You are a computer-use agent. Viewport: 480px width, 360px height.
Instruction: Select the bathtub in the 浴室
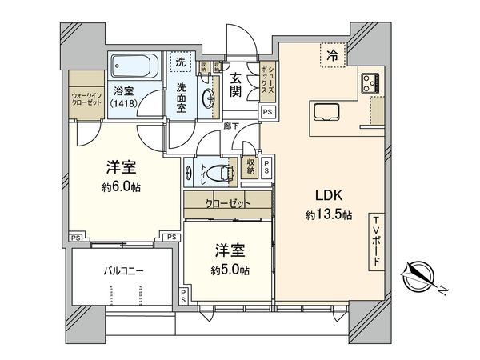134,63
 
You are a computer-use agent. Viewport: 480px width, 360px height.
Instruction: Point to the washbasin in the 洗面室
208,98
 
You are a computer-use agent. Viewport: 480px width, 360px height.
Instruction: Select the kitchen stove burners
370,81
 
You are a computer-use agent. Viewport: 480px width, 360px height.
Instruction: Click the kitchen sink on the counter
328,112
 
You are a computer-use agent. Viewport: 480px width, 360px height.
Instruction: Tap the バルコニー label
121,271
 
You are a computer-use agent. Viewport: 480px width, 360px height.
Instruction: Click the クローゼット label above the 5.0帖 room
227,203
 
